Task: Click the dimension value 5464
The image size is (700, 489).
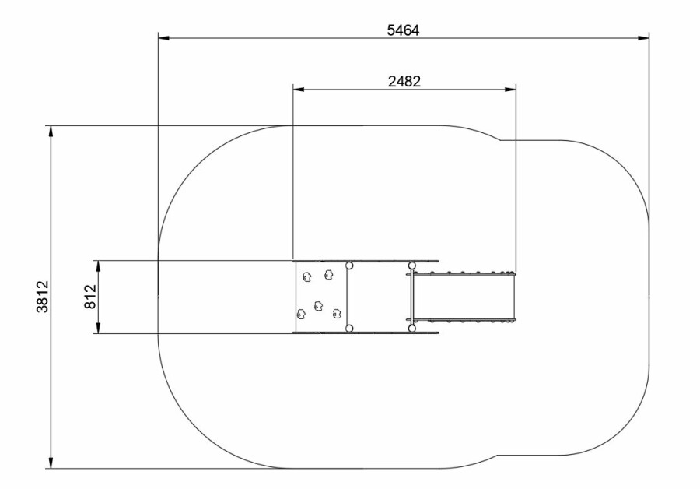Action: (x=403, y=30)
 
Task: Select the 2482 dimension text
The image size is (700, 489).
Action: (x=404, y=81)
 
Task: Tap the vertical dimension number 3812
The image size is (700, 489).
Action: (x=43, y=297)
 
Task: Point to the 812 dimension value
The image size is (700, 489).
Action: (x=90, y=297)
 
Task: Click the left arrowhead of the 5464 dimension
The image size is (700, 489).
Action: (x=164, y=38)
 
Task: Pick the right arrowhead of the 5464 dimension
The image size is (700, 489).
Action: (x=643, y=38)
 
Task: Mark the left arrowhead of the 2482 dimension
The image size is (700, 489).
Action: (x=299, y=90)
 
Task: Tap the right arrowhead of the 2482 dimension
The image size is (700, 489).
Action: (x=510, y=90)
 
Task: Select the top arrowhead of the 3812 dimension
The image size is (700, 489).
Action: (x=51, y=132)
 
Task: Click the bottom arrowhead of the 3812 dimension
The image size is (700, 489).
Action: (x=51, y=463)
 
